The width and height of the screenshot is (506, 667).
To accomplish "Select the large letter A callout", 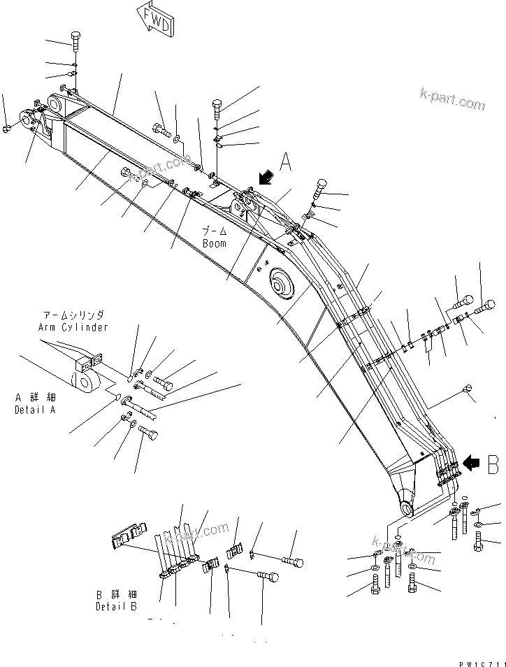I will tap(286, 162).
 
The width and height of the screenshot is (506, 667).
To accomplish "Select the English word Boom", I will tap(214, 243).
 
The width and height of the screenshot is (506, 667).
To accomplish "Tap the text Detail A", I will tap(34, 410).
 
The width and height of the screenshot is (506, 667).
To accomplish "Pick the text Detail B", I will tap(116, 606).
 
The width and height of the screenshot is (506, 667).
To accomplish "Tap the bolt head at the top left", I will tap(75, 37).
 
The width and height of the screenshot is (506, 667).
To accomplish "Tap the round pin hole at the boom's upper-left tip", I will tap(56, 103).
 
